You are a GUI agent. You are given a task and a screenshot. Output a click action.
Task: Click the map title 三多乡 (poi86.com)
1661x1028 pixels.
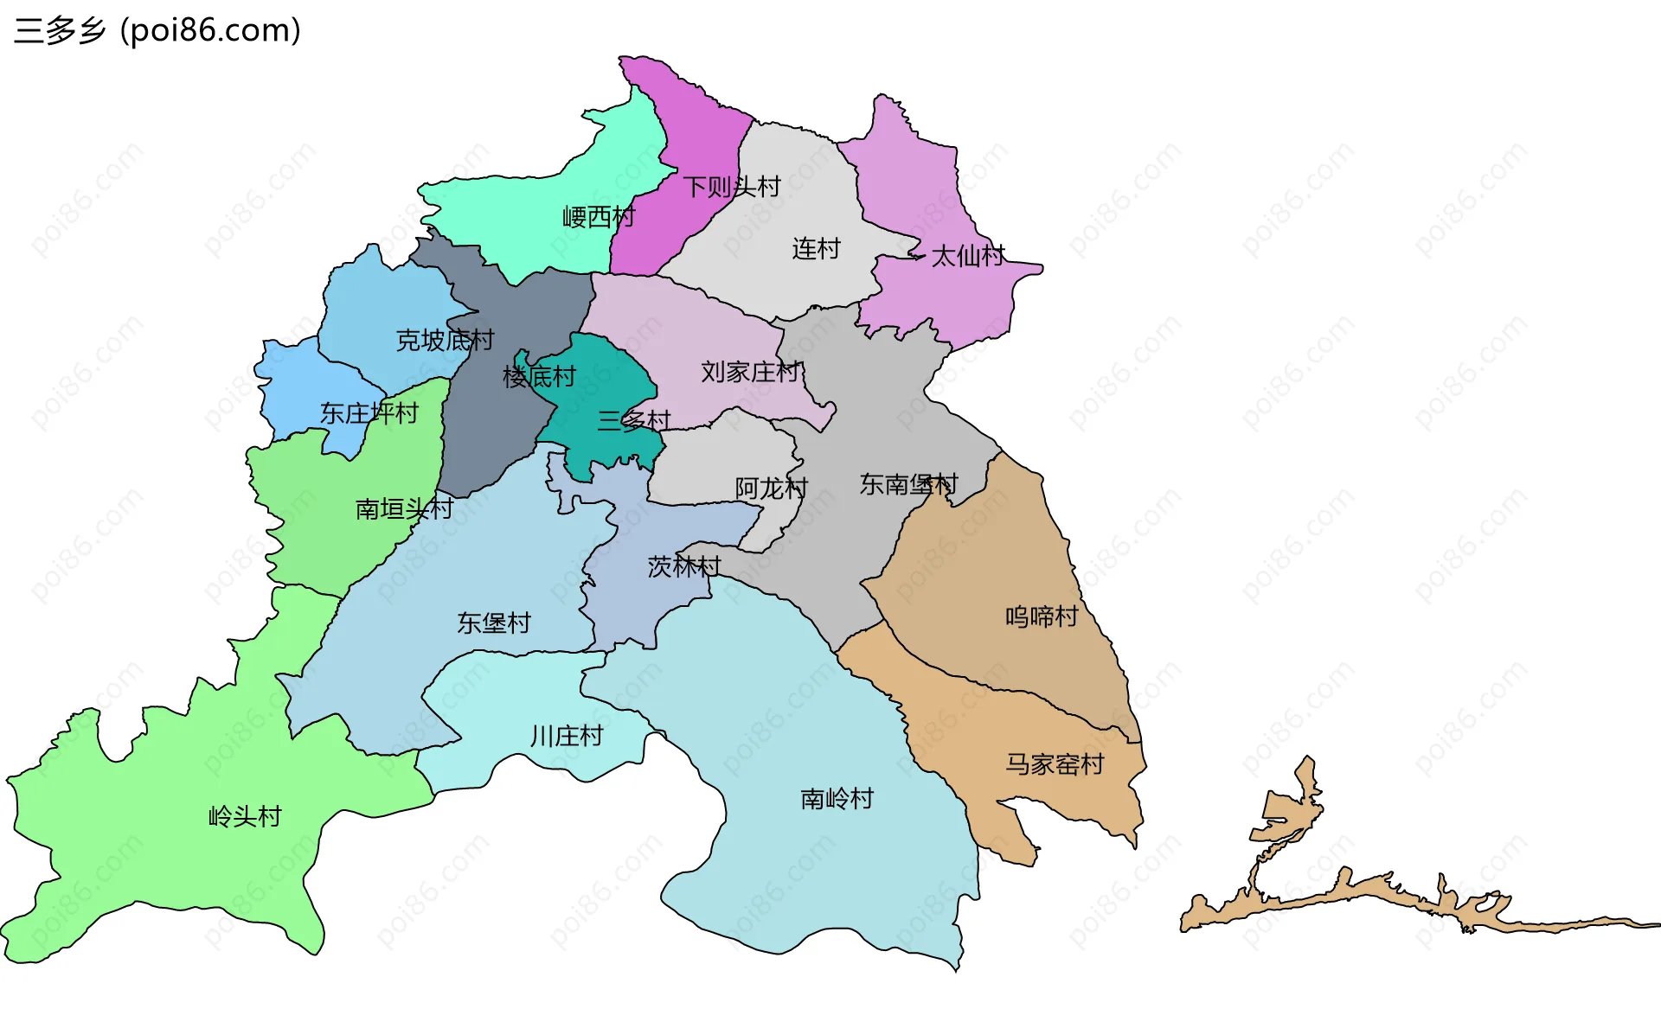pos(157,30)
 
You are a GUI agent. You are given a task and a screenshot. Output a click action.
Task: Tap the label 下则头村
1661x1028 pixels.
pos(732,187)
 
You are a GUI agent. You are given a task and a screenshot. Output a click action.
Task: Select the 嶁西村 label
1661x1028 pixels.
pos(599,217)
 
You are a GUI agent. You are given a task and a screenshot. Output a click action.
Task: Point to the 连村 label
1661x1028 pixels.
pos(816,249)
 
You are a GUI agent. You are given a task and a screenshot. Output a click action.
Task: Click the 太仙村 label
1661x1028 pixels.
pos(968,256)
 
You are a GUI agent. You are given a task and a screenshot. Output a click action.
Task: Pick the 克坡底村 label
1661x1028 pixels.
pos(445,341)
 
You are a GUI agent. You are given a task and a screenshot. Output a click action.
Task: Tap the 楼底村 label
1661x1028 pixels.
pos(539,377)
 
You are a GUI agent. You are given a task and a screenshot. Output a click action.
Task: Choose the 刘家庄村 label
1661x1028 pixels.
pos(750,373)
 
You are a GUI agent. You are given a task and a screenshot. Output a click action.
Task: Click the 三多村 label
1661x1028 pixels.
pos(634,421)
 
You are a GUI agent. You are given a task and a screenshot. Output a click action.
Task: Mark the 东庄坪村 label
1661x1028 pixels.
pos(369,413)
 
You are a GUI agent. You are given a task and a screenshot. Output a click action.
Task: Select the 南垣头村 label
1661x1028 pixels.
pos(404,509)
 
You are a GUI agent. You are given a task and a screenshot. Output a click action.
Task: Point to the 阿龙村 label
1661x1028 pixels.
pos(771,489)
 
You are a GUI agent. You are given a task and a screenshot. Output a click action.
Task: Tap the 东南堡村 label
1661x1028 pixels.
pos(908,485)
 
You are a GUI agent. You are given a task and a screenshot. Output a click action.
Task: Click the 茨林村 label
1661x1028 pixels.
pos(683,567)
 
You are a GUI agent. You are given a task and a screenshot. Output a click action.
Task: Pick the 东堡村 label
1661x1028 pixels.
pos(494,623)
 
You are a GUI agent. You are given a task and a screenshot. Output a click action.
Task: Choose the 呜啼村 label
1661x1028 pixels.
pos(1042,617)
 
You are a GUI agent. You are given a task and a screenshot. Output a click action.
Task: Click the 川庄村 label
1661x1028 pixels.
pos(567,737)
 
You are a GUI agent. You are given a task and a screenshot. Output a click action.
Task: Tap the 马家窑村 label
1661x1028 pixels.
pos(1055,764)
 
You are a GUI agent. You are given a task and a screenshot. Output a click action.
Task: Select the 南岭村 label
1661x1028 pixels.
pos(837,799)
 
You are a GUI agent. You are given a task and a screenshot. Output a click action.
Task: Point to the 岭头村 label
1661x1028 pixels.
pos(245,817)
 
